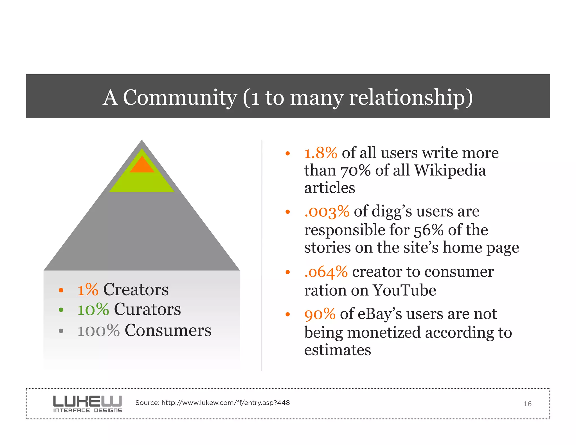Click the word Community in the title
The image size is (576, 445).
(x=180, y=97)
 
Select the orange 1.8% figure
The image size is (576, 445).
(x=321, y=153)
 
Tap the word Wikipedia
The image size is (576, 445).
(x=450, y=171)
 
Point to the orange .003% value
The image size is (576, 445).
(x=327, y=212)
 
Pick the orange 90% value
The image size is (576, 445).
(x=320, y=314)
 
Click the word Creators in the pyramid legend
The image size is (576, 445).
(x=136, y=289)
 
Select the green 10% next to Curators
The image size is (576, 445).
(x=93, y=310)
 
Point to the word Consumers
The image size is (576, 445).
(x=168, y=330)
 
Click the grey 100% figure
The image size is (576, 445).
(x=98, y=331)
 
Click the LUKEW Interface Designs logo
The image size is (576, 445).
(x=87, y=404)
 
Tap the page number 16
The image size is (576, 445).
(x=527, y=404)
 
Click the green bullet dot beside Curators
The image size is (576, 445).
(x=61, y=310)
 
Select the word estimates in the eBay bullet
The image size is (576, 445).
(x=337, y=350)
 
